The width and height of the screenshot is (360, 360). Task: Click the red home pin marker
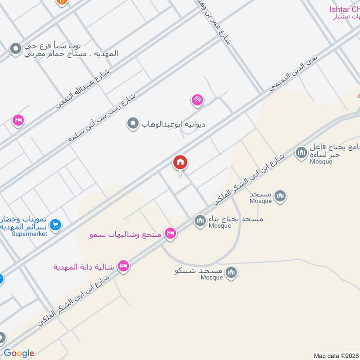(180, 162)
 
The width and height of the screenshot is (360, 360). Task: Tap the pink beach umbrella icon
(197, 100)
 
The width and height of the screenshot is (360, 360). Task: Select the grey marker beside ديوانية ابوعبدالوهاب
(133, 123)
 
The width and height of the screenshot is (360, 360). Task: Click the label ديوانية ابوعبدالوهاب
(173, 124)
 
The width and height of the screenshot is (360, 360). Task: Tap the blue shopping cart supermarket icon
(55, 224)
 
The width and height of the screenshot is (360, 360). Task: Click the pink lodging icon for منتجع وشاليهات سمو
(170, 233)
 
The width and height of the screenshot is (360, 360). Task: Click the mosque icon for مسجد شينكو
(231, 272)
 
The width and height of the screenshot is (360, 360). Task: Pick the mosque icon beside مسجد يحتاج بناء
(200, 220)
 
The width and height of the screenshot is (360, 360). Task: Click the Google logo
(19, 353)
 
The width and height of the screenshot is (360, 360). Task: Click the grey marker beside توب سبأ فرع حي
(16, 48)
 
